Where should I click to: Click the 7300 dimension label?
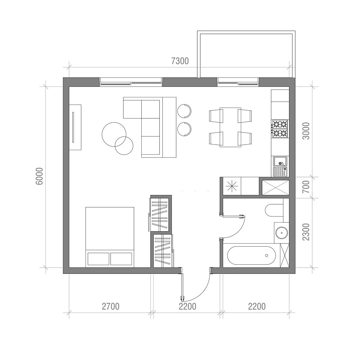pyautogui.click(x=180, y=61)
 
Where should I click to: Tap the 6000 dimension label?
pyautogui.click(x=39, y=176)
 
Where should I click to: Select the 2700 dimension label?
pyautogui.click(x=111, y=307)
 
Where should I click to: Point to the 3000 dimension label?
pyautogui.click(x=306, y=131)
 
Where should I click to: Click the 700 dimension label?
pyautogui.click(x=306, y=187)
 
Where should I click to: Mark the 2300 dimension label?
pyautogui.click(x=306, y=232)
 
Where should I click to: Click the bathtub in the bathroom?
pyautogui.click(x=252, y=255)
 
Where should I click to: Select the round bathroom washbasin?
pyautogui.click(x=282, y=233)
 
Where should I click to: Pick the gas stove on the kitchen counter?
pyautogui.click(x=280, y=129)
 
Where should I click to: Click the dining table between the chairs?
pyautogui.click(x=231, y=127)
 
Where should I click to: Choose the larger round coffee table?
pyautogui.click(x=114, y=134)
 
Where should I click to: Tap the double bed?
pyautogui.click(x=110, y=237)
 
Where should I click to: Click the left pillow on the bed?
pyautogui.click(x=98, y=259)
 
